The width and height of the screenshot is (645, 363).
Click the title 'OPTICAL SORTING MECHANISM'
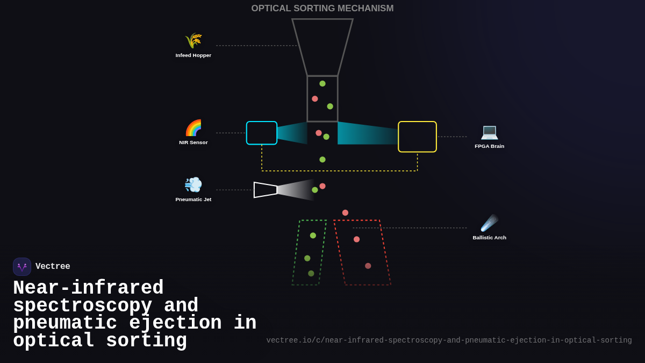(322, 9)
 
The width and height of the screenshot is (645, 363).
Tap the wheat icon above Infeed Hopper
(193, 41)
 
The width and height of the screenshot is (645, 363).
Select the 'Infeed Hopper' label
(193, 55)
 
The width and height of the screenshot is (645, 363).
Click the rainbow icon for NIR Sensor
(193, 128)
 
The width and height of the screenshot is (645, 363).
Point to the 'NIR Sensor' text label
(193, 143)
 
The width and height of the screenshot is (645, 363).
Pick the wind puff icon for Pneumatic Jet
(193, 184)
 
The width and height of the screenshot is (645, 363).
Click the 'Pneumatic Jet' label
(193, 200)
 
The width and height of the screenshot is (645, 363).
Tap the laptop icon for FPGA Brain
(489, 132)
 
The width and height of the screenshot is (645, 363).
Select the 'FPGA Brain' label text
(489, 146)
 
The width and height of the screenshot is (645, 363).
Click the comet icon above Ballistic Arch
(489, 223)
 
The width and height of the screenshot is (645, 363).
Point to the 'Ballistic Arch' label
(489, 238)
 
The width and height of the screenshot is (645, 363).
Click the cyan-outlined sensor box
(262, 133)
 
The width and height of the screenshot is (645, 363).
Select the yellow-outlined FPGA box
(417, 137)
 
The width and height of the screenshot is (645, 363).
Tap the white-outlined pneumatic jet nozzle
(265, 190)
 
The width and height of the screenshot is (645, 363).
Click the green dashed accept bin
(309, 253)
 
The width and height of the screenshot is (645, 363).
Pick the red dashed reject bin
(362, 253)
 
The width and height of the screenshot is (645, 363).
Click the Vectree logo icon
(22, 267)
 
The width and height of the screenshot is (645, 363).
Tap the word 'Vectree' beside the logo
(53, 267)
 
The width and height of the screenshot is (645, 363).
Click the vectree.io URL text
(449, 340)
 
